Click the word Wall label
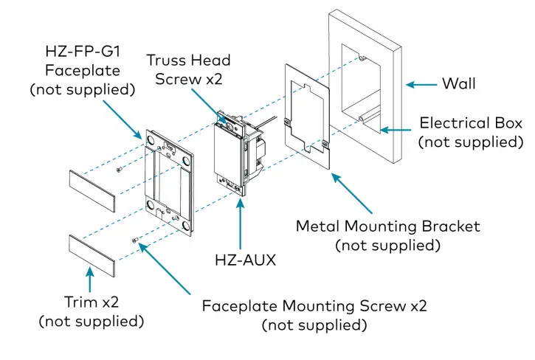(x=459, y=83)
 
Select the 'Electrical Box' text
(x=471, y=123)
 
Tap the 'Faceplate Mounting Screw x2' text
(x=314, y=305)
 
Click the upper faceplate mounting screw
(x=120, y=170)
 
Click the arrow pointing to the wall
(x=420, y=84)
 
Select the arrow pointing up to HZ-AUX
(x=239, y=221)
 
